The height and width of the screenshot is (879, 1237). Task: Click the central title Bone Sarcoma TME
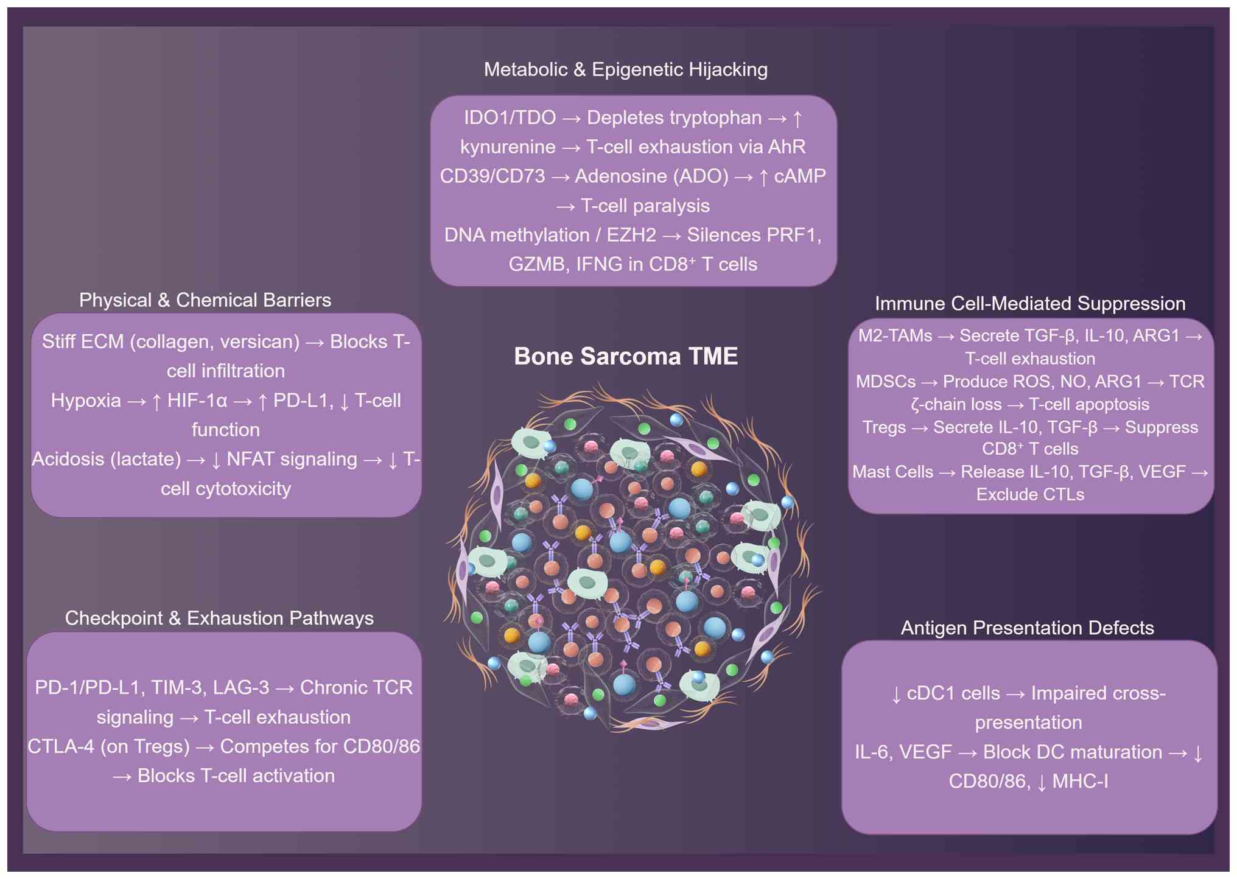pyautogui.click(x=626, y=356)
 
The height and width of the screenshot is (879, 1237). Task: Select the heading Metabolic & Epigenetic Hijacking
pyautogui.click(x=626, y=69)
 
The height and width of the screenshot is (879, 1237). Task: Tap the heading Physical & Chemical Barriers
pyautogui.click(x=205, y=300)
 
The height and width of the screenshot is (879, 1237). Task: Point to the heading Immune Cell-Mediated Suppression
pyautogui.click(x=1030, y=304)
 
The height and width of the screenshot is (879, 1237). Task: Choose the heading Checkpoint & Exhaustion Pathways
pyautogui.click(x=219, y=618)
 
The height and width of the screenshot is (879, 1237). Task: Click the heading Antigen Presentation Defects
pyautogui.click(x=1027, y=628)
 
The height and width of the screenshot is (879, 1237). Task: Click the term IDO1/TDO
pyautogui.click(x=510, y=117)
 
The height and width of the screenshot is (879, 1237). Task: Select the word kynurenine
pyautogui.click(x=508, y=147)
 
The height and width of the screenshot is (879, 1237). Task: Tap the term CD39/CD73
pyautogui.click(x=492, y=176)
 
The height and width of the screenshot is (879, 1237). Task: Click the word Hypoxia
pyautogui.click(x=86, y=401)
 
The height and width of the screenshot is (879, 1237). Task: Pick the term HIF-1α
pyautogui.click(x=197, y=401)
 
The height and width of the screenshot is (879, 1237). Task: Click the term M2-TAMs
pyautogui.click(x=895, y=336)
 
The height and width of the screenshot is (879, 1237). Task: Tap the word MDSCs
pyautogui.click(x=886, y=382)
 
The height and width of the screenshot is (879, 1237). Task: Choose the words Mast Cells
pyautogui.click(x=892, y=472)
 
